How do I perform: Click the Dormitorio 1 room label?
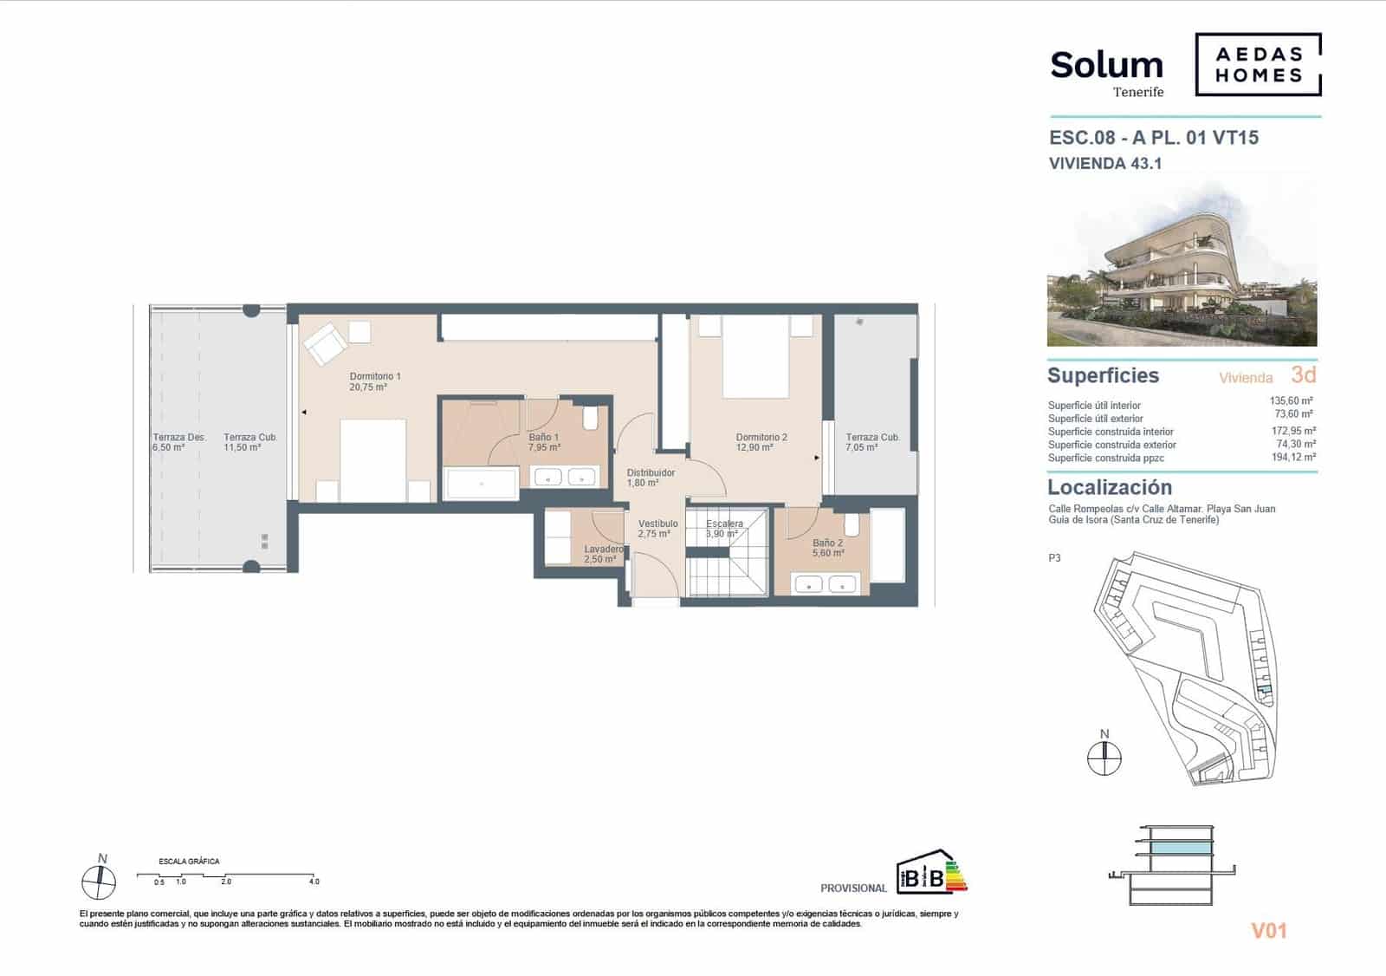click(375, 381)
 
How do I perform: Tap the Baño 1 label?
click(544, 442)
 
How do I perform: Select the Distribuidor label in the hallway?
click(651, 478)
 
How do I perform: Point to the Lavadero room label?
click(603, 554)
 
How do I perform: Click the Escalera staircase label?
click(724, 529)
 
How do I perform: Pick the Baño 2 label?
click(827, 548)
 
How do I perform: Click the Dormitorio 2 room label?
click(761, 442)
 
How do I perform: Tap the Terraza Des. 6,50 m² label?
click(178, 442)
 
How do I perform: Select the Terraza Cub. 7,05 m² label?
click(872, 442)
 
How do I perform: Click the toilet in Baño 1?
click(591, 419)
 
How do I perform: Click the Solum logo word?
click(1106, 66)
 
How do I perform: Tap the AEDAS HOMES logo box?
click(1258, 65)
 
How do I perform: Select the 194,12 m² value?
click(1293, 457)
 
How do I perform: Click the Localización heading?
click(1110, 487)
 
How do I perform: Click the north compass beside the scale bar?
click(99, 882)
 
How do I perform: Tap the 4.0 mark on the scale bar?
click(314, 882)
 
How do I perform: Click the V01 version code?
click(1269, 931)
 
